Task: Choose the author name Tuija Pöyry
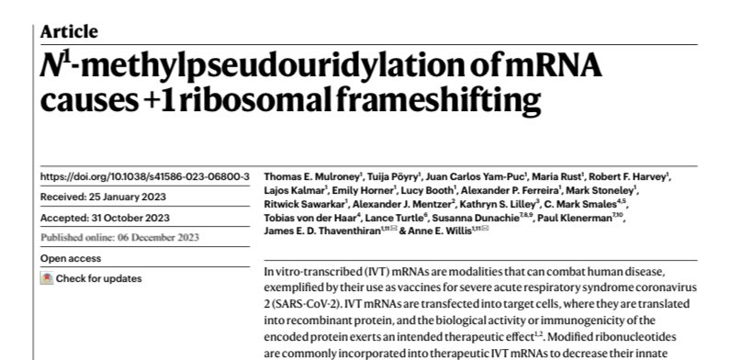391,150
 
